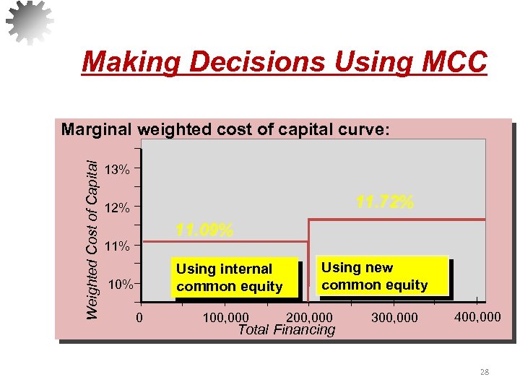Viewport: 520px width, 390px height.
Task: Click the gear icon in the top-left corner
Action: pyautogui.click(x=30, y=22)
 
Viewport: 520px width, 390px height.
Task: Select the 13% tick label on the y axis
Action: pyautogui.click(x=117, y=170)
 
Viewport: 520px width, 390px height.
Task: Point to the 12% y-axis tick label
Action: pyautogui.click(x=117, y=208)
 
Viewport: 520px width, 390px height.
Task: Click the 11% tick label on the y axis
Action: pyautogui.click(x=117, y=246)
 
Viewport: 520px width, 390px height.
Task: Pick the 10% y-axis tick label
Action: pyautogui.click(x=120, y=284)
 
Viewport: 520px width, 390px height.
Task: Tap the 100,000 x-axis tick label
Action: pyautogui.click(x=225, y=317)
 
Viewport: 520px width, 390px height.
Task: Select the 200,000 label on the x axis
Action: pyautogui.click(x=309, y=317)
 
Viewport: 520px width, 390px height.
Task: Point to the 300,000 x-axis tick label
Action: pyautogui.click(x=394, y=317)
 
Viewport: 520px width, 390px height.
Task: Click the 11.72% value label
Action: pyautogui.click(x=385, y=202)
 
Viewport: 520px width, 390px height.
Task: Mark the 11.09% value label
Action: pyautogui.click(x=204, y=230)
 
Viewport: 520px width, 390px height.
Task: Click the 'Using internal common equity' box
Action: pyautogui.click(x=230, y=277)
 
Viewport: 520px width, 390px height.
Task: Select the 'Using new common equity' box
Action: pyautogui.click(x=375, y=276)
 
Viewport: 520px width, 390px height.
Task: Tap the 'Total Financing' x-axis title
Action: pyautogui.click(x=287, y=330)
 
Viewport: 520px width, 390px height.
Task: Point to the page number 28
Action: pyautogui.click(x=484, y=372)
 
